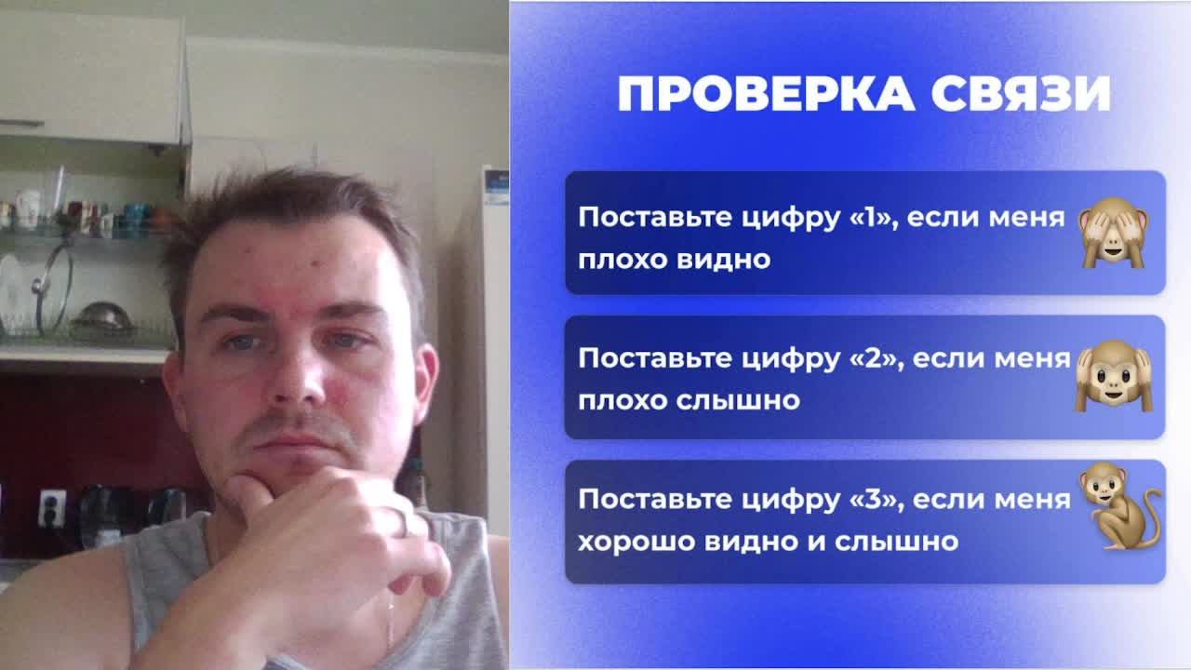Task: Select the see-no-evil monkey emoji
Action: [1113, 232]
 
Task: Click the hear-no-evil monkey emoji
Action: [1114, 375]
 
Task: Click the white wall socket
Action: [52, 507]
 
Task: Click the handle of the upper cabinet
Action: [20, 123]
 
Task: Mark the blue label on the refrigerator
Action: [496, 186]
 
